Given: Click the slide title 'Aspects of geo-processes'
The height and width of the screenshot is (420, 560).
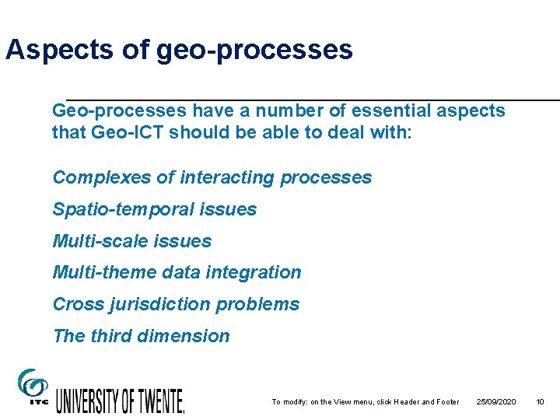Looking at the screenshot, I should tap(179, 51).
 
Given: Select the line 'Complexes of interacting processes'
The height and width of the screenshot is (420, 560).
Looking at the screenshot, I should tap(212, 177).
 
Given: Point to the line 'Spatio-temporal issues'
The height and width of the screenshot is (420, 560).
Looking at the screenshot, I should tap(154, 209).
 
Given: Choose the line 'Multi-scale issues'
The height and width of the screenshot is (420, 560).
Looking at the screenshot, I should tap(131, 241).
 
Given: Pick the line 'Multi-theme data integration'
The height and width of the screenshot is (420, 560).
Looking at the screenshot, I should tap(177, 272).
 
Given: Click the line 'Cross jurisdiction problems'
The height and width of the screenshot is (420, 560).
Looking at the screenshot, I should tap(176, 304).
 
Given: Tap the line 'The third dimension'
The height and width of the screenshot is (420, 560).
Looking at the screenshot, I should tap(141, 336).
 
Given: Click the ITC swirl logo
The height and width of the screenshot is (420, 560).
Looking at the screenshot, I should tap(32, 386).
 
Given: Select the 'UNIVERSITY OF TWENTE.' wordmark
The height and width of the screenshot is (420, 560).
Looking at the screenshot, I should tap(120, 400).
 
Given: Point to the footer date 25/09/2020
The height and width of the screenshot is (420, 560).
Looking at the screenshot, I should tap(496, 402).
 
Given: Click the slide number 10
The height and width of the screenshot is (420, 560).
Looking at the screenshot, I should tap(540, 402).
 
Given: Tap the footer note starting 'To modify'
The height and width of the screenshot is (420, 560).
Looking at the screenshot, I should tap(365, 402).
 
